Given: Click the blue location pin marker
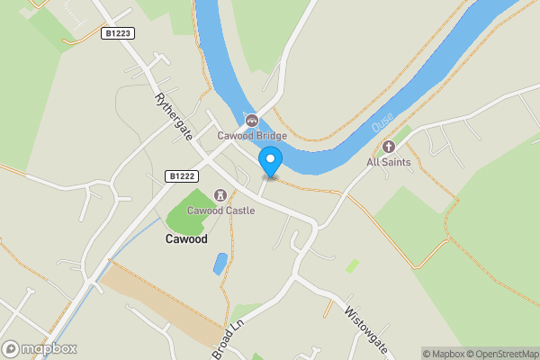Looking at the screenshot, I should point(270,161).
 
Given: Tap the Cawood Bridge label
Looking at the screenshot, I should point(252,136).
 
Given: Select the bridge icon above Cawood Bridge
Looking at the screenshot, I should point(252,120).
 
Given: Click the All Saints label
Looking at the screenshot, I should point(389,162).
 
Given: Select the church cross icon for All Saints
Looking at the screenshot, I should point(389,147).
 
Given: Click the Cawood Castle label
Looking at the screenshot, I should point(220,211).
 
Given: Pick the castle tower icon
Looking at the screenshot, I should point(220,194).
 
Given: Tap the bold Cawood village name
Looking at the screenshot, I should point(186,239).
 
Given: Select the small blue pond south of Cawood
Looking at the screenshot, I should point(220,264).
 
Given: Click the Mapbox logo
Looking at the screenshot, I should point(40,348).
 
